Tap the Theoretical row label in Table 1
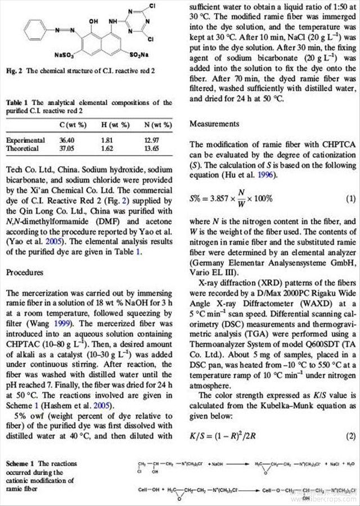(x=22, y=148)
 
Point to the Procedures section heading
(x=24, y=272)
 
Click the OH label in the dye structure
(x=93, y=21)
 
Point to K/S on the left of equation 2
(x=199, y=436)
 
